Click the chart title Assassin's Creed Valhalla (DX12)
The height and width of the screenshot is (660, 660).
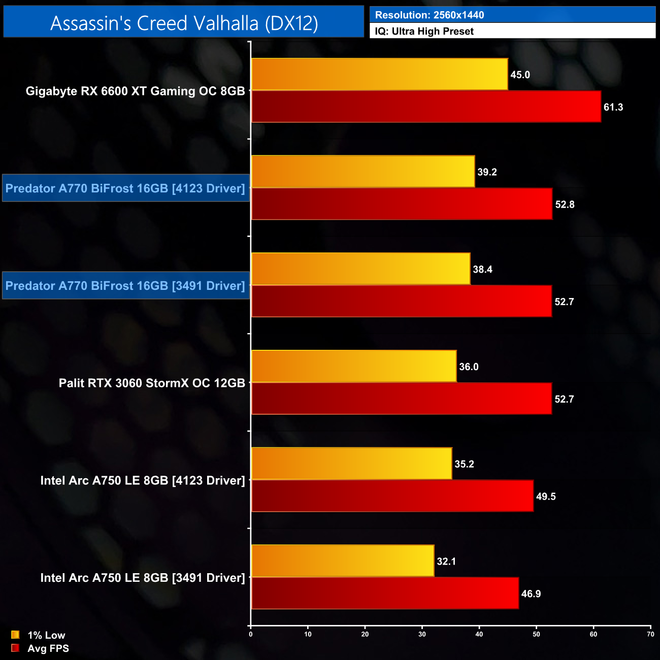pos(184,23)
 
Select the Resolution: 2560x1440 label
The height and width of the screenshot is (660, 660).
pos(430,15)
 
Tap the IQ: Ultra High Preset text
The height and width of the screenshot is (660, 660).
pos(424,31)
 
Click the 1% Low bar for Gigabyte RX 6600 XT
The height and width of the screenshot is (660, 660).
pos(379,74)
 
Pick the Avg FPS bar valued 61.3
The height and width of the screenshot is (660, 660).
pos(426,107)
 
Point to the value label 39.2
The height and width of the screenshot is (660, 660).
pos(487,172)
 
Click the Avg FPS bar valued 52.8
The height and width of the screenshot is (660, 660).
pos(402,204)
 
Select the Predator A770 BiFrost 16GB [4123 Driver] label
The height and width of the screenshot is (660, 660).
pos(125,188)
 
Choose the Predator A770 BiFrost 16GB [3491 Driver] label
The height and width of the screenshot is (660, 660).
pos(125,286)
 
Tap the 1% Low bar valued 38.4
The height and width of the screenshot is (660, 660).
pos(360,269)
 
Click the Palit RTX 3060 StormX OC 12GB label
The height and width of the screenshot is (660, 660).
pos(152,383)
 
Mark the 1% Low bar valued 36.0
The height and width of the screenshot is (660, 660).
pos(354,367)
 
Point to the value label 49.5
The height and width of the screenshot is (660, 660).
pos(546,497)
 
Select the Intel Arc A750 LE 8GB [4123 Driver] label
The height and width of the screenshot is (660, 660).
pos(143,480)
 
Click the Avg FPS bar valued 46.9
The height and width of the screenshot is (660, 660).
pos(385,593)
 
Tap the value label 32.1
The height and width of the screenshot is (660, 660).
pos(446,562)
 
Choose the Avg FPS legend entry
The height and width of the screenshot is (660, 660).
pos(40,648)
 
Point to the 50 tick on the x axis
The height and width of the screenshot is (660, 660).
pos(536,634)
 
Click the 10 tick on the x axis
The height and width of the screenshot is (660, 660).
pos(308,634)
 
